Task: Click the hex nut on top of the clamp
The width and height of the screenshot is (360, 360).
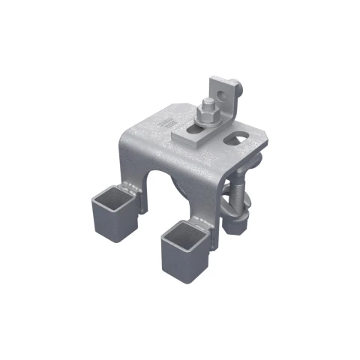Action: [205, 115]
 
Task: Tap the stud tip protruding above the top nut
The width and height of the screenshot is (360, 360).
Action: [205, 104]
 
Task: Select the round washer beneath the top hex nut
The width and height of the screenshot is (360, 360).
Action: [205, 124]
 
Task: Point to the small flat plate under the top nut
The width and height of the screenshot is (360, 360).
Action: [187, 136]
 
